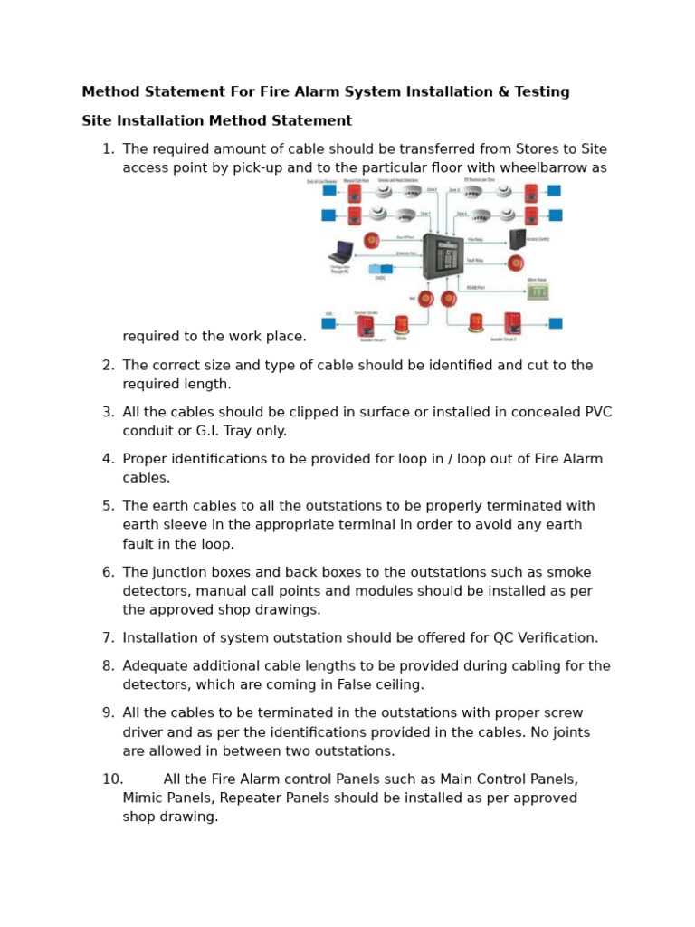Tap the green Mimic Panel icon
(x=538, y=291)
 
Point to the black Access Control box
(x=517, y=239)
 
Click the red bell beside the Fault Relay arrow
(x=515, y=263)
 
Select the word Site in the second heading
(x=96, y=120)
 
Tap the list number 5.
(x=108, y=506)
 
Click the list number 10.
(x=112, y=779)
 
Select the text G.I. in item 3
(x=203, y=431)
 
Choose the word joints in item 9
(x=570, y=731)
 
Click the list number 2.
(x=108, y=365)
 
